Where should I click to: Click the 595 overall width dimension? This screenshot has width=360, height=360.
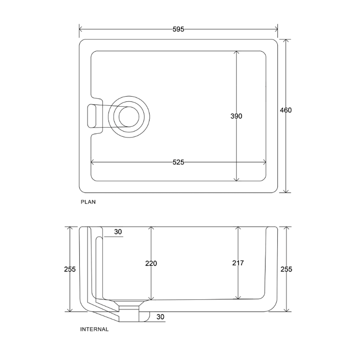pos(178,29)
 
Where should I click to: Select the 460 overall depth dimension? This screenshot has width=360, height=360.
pos(286,110)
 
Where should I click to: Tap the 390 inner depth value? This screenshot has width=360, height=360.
pos(236,116)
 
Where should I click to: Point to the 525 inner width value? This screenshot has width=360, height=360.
pos(178,162)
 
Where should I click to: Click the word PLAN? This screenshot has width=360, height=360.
pos(88,202)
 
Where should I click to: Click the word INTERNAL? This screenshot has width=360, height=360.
pos(94,329)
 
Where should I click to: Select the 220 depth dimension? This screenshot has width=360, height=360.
pos(151,264)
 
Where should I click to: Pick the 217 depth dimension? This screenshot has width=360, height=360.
pos(238,263)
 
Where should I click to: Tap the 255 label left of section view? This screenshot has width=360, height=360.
pos(70,269)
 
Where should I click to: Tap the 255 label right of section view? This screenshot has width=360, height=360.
pos(286,269)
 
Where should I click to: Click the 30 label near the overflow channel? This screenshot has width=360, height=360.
pos(118,232)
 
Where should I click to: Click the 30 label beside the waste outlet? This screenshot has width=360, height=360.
pos(160,317)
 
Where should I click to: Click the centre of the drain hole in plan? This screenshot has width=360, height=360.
pos(129,116)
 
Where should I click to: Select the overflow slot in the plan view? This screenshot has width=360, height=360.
pos(91,116)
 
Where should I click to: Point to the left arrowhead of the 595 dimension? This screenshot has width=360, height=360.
pos(81,29)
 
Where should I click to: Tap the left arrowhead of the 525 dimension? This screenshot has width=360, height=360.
pos(93,162)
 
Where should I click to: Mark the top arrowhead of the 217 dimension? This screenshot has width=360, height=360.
pos(238,228)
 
